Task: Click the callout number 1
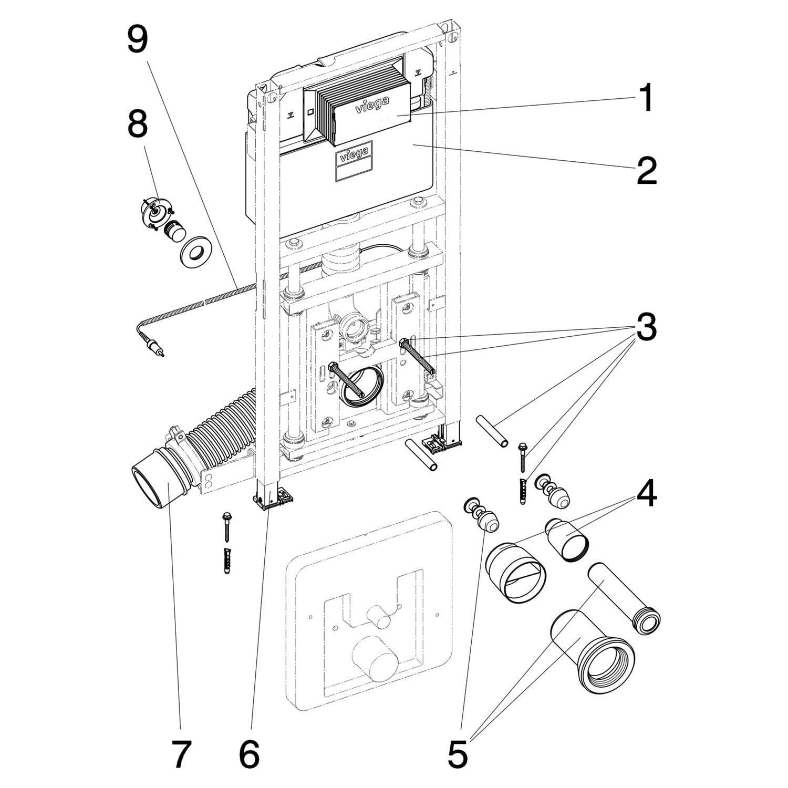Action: [x=646, y=98]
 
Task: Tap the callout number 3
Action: [x=646, y=327]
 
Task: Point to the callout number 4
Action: [x=646, y=494]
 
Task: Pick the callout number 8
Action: [x=137, y=126]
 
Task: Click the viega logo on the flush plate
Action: [x=372, y=105]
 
